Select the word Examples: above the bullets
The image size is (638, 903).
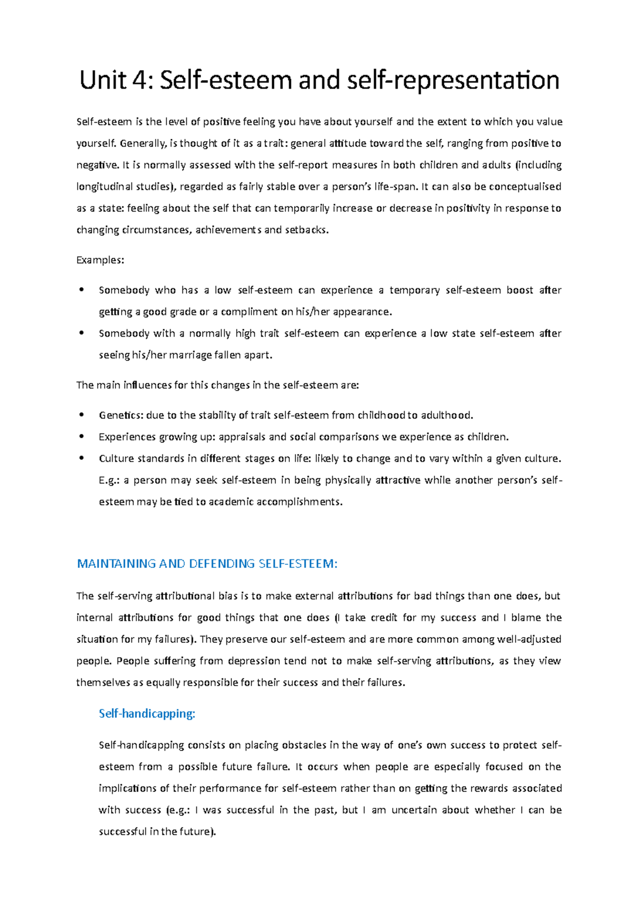[x=100, y=260]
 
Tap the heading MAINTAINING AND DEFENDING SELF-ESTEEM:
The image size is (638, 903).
[x=207, y=564]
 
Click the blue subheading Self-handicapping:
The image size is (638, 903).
[x=147, y=714]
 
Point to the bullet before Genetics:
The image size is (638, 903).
[x=81, y=415]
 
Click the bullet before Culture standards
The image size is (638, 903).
[x=81, y=458]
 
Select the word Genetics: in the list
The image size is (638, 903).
[x=117, y=415]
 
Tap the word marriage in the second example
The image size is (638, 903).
[x=191, y=355]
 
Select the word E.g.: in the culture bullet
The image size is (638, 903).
[x=110, y=480]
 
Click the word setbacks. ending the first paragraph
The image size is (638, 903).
[x=307, y=230]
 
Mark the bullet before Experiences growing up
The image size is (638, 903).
[x=81, y=437]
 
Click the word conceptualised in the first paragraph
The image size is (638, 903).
[x=525, y=187]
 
